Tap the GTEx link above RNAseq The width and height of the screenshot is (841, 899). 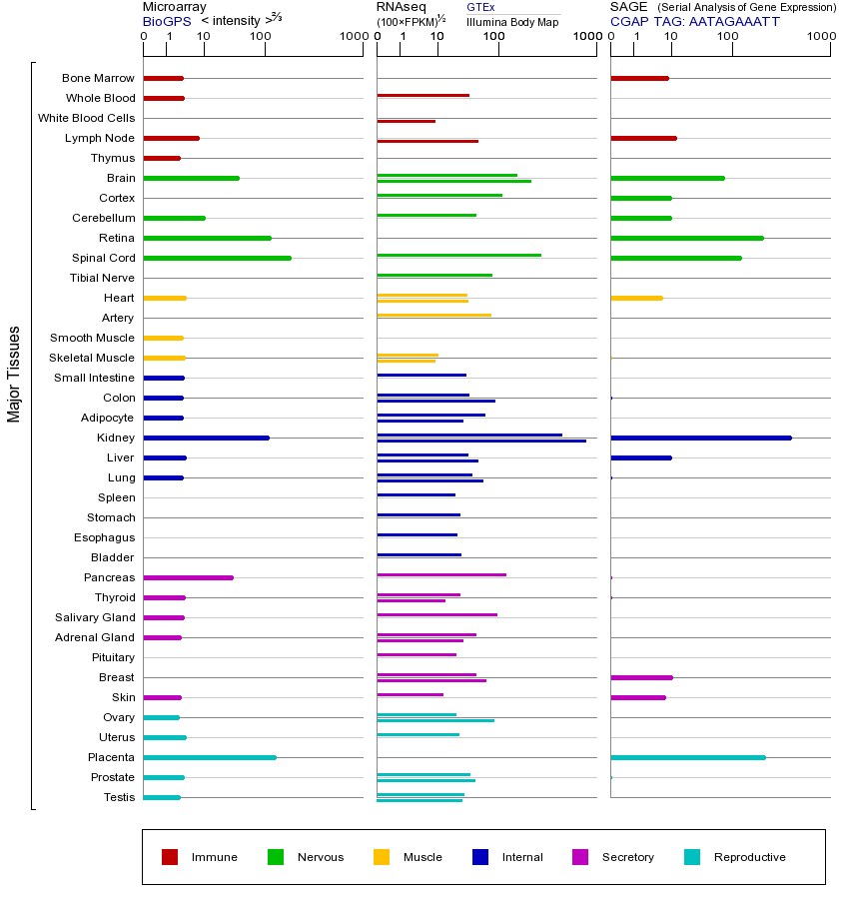point(480,7)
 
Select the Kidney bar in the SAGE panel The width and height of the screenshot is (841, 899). point(700,438)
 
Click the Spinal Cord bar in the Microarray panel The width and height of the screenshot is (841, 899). point(217,258)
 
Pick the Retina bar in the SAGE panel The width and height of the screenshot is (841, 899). point(686,238)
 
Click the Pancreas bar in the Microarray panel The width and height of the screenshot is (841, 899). point(188,577)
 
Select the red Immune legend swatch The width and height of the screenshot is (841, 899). point(170,857)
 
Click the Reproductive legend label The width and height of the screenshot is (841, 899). point(749,857)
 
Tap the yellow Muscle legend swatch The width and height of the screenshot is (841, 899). point(382,857)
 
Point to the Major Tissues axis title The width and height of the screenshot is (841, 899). point(14,374)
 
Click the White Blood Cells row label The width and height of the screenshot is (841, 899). point(86,118)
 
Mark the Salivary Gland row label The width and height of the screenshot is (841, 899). point(95,617)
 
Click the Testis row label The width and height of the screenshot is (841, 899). point(119,797)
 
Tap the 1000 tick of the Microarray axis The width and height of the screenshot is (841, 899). point(353,37)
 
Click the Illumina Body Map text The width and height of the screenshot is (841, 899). point(512,22)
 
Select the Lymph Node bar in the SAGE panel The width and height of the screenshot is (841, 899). point(643,138)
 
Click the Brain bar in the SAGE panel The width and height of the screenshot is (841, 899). point(667,178)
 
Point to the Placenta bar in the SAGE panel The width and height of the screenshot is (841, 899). point(687,757)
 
